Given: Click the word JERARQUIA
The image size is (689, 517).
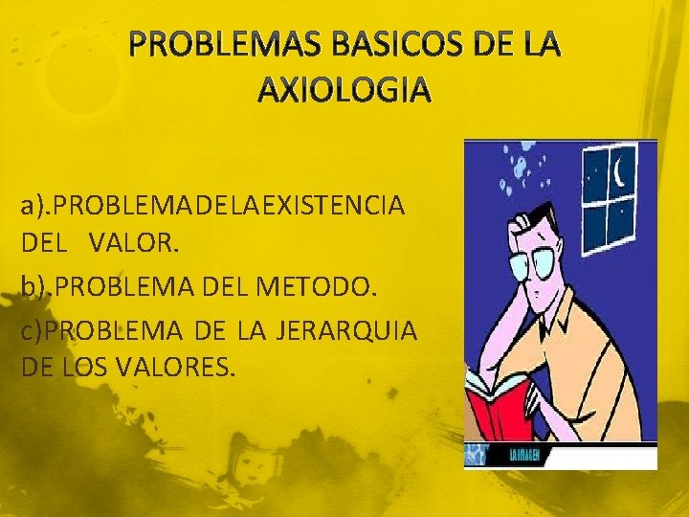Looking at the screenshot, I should pyautogui.click(x=346, y=331).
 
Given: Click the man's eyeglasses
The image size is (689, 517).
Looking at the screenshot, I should pyautogui.click(x=541, y=264).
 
